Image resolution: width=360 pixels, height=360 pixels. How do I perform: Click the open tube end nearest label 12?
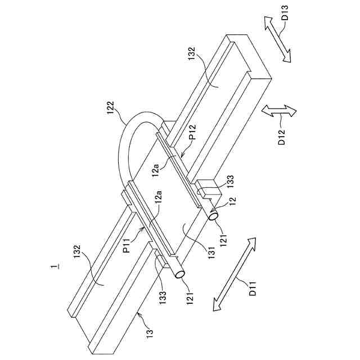coord(214,214)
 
